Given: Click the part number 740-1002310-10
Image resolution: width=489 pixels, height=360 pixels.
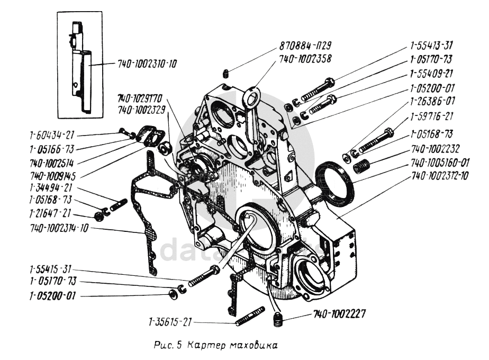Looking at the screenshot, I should pyautogui.click(x=147, y=64).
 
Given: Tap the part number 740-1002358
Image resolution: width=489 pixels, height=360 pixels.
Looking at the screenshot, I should pyautogui.click(x=306, y=59).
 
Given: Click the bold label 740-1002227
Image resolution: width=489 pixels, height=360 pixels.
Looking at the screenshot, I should pyautogui.click(x=339, y=313).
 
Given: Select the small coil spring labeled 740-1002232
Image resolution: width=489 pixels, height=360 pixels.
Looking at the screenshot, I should pyautogui.click(x=360, y=167).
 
